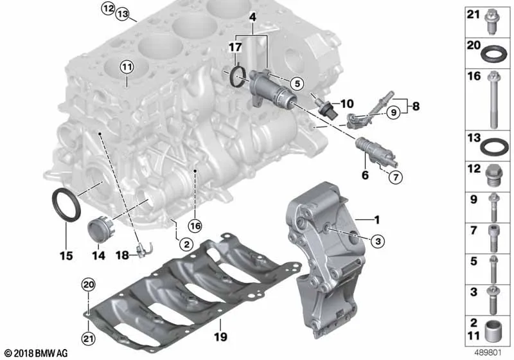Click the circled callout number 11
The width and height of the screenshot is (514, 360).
[x=127, y=67]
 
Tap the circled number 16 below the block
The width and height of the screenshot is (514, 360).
[x=195, y=226]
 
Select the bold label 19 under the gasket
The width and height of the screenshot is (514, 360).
[x=220, y=337]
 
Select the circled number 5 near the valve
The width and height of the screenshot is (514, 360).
[x=297, y=84]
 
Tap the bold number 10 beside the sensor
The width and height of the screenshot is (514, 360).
[x=347, y=104]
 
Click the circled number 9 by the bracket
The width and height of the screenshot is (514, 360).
[x=393, y=113]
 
